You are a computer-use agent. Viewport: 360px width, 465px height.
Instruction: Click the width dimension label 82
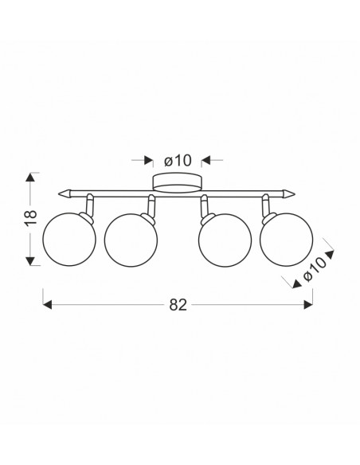[x=178, y=305]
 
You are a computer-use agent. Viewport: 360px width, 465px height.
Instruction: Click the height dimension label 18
[x=31, y=217]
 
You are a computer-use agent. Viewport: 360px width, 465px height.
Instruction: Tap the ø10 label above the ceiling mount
[x=178, y=160]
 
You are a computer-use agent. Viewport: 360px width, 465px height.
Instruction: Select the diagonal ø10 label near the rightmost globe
[x=315, y=269]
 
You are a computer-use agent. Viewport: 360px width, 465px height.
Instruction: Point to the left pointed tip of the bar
[x=59, y=194]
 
